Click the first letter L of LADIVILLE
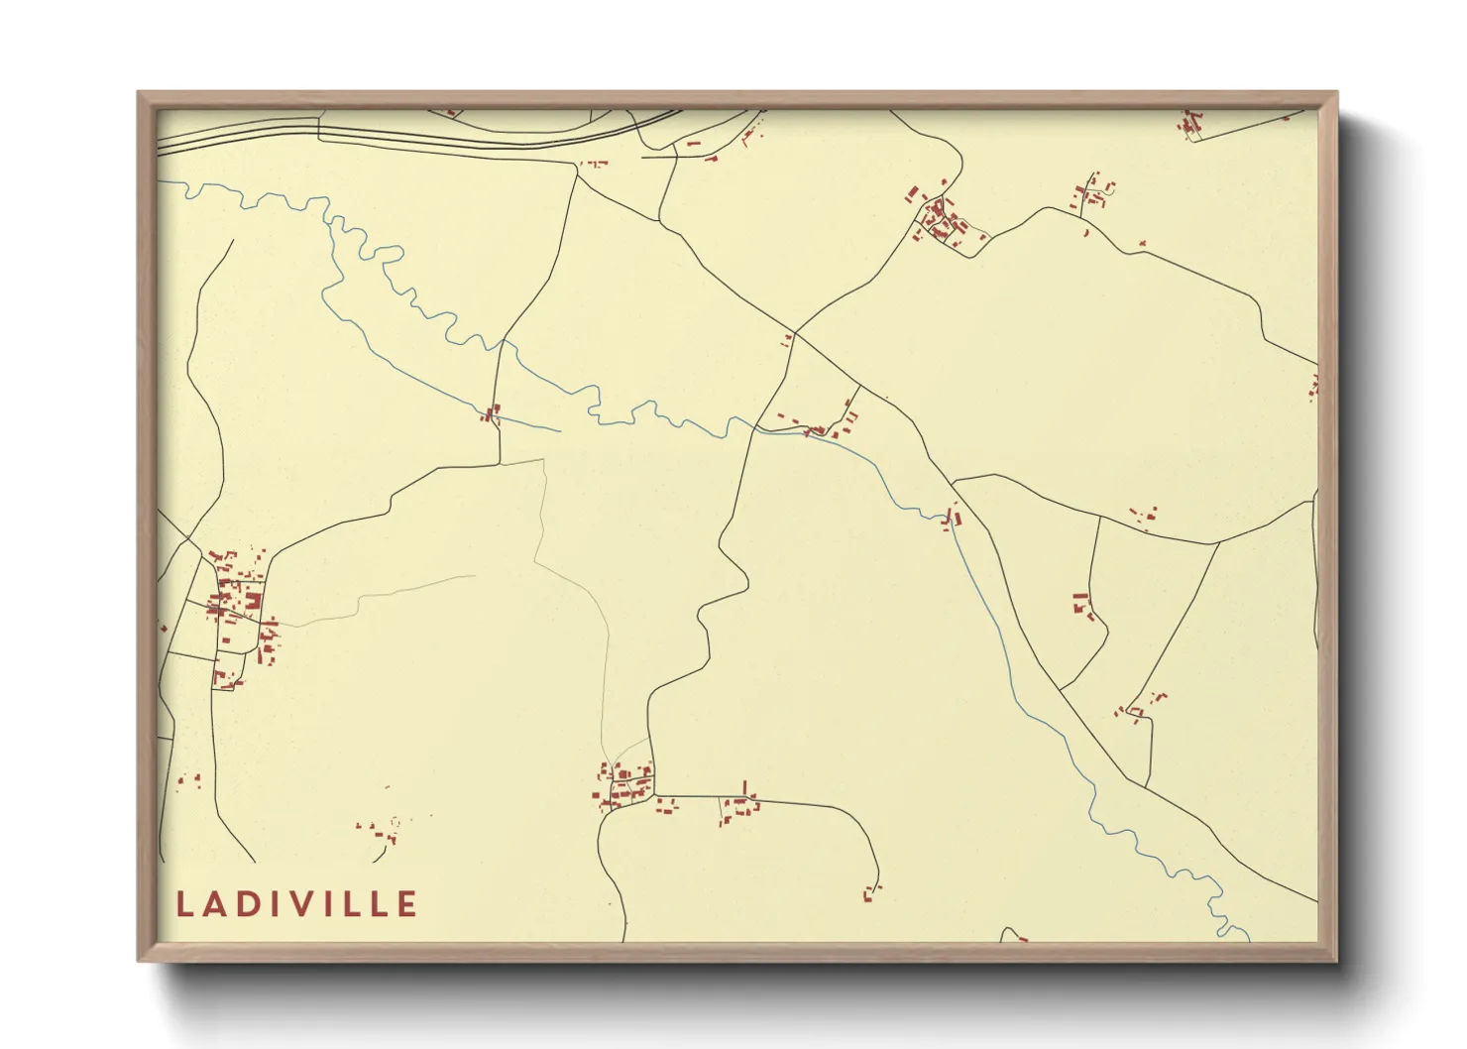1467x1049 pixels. pos(183,904)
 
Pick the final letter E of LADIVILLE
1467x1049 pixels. pos(406,904)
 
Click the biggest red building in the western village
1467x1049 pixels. pos(253,600)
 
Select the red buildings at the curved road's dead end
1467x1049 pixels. pos(871,892)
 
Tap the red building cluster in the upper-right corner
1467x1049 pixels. pos(1189,125)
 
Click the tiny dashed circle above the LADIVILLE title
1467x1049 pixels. pos(395,821)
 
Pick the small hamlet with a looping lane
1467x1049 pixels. pos(1095,193)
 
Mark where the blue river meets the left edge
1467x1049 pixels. pos(161,181)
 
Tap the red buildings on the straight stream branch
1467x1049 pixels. pos(491,412)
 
